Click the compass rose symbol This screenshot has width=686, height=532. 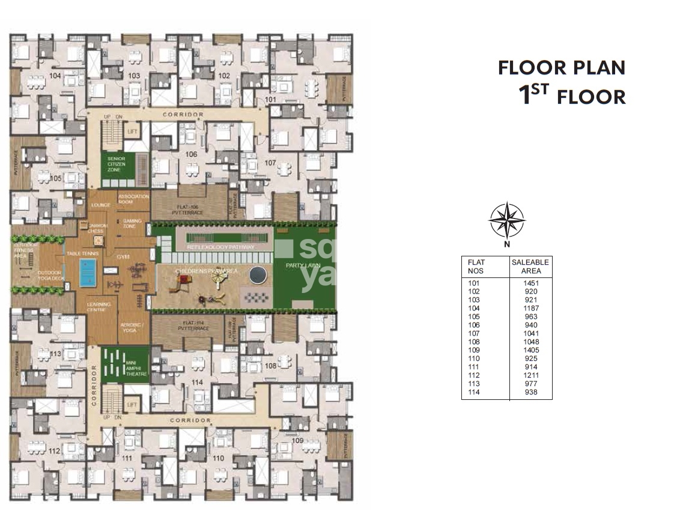point(506,220)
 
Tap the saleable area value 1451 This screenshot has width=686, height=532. point(530,283)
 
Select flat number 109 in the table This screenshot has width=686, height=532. point(475,350)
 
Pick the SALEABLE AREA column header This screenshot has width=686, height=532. point(530,267)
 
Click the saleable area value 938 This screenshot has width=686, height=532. point(530,393)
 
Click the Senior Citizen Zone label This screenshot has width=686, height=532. point(116,164)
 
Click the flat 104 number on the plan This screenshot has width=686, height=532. point(55,76)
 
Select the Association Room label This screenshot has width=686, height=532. point(133,199)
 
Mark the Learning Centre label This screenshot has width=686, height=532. point(98,307)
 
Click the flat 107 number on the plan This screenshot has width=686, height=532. point(270,163)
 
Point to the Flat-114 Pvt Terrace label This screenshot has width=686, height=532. point(187,327)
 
